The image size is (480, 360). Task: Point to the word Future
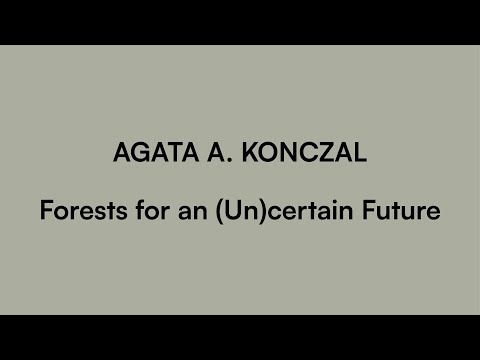406,212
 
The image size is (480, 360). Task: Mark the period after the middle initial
221,162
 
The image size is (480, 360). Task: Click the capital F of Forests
45,212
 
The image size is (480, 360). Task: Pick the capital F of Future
375,212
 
